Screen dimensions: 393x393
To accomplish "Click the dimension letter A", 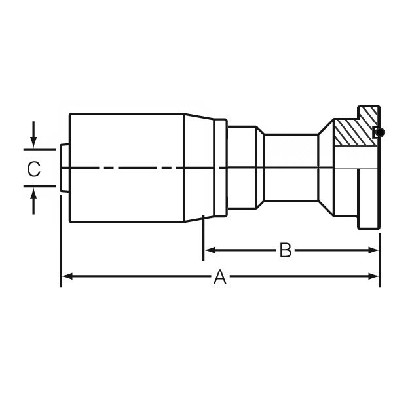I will point(220,278).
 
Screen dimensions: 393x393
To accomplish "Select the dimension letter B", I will point(285,250).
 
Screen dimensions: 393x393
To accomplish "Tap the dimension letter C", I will point(34,169).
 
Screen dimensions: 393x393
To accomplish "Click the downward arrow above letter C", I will point(34,143).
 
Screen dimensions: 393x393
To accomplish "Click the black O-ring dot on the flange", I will point(379,132).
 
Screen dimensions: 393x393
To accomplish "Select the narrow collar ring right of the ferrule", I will point(221,169).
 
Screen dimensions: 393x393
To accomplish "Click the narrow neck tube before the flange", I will point(291,169).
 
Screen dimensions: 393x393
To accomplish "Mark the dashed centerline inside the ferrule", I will point(131,169).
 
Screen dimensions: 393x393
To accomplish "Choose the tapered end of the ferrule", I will point(199,169).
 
